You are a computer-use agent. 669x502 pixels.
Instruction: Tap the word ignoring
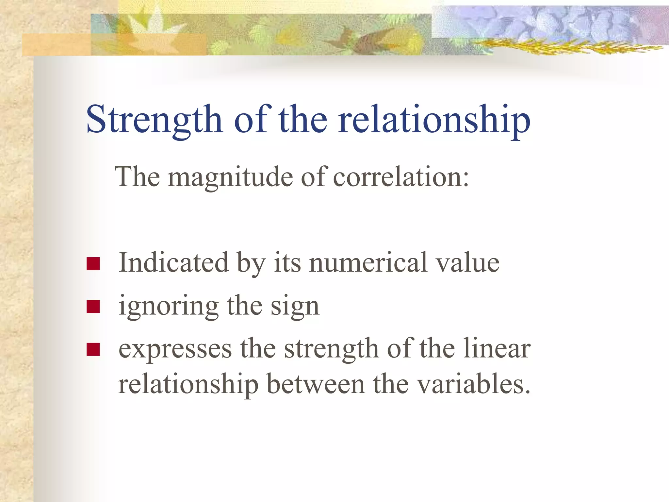click(x=169, y=307)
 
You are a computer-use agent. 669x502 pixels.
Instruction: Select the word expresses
click(x=175, y=349)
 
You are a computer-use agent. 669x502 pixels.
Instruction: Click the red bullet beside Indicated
click(x=93, y=264)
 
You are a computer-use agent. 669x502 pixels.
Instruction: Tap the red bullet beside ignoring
click(x=93, y=307)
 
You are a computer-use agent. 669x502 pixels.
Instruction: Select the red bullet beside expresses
click(x=93, y=349)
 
